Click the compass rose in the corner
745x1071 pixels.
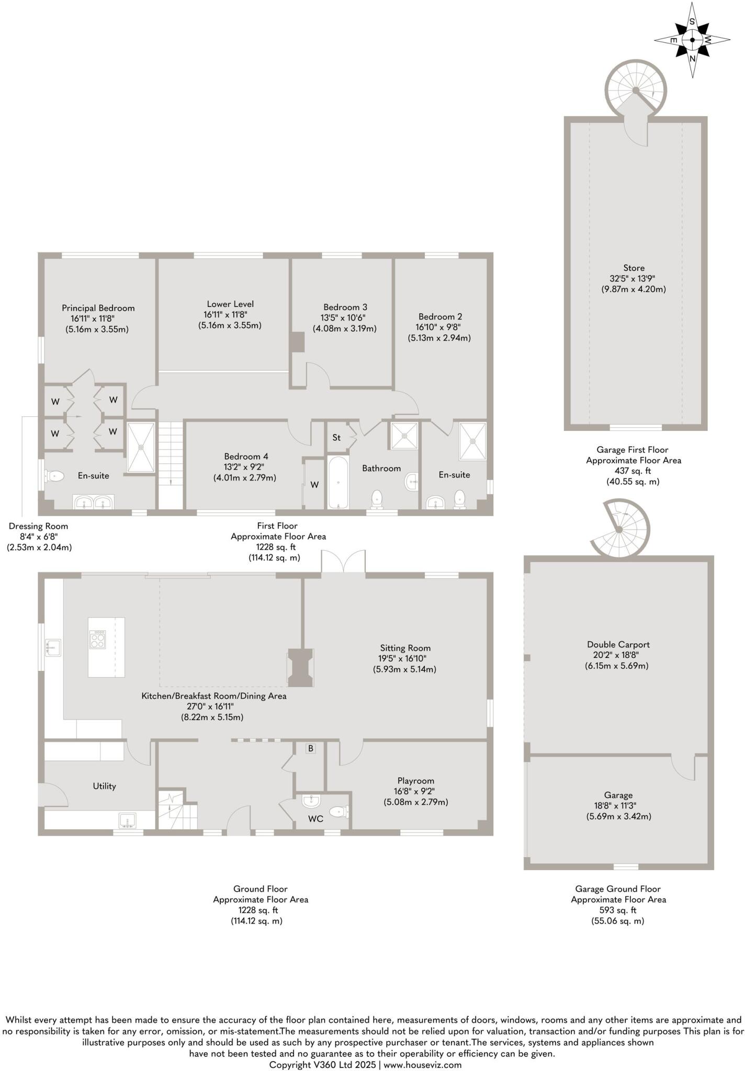pos(692,40)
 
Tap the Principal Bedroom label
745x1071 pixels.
pos(98,308)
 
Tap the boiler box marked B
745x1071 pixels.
pos(311,748)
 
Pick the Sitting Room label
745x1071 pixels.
pos(405,648)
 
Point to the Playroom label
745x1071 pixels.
pos(415,781)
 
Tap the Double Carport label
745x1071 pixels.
pos(618,645)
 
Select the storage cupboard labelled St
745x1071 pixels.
pos(336,437)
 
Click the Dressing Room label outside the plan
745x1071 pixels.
pos(38,526)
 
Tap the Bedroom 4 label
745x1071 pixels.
pos(246,457)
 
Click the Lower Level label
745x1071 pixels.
pos(230,304)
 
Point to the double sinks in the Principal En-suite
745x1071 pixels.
pos(93,503)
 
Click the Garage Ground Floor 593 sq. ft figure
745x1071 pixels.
pos(618,910)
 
